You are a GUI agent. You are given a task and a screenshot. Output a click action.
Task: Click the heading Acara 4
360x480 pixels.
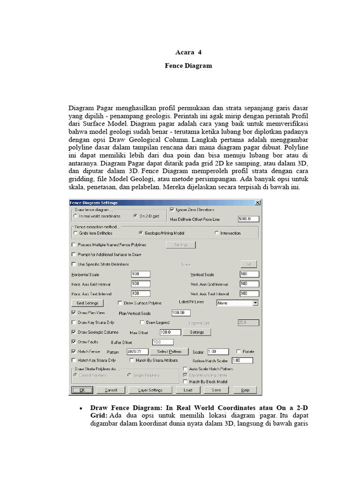[188, 52]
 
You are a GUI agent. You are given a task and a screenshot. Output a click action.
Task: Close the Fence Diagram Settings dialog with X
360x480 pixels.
[258, 202]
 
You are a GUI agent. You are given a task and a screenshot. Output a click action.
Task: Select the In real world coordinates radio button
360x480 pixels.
[76, 216]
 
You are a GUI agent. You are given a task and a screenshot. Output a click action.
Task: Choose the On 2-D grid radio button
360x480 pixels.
[135, 216]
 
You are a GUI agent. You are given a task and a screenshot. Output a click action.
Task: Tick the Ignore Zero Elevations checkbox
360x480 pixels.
[172, 210]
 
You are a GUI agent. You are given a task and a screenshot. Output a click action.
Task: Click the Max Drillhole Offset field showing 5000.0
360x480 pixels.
[248, 219]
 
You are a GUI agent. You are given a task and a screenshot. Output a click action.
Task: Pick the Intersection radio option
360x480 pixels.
[216, 233]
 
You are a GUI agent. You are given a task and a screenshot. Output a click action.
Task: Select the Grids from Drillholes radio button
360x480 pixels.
[75, 233]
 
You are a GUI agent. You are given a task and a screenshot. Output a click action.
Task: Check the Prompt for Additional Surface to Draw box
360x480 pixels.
[73, 255]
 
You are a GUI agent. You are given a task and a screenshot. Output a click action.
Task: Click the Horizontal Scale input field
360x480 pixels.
[140, 274]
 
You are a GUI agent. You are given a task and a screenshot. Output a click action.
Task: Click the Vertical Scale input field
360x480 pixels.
[249, 274]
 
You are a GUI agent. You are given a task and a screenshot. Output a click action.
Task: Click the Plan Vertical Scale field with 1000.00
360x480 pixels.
[181, 313]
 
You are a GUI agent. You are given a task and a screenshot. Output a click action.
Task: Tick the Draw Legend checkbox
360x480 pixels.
[142, 322]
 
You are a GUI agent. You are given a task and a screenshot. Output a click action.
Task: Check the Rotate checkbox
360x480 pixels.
[239, 351]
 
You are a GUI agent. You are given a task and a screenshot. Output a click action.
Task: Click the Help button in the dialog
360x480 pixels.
[245, 390]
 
